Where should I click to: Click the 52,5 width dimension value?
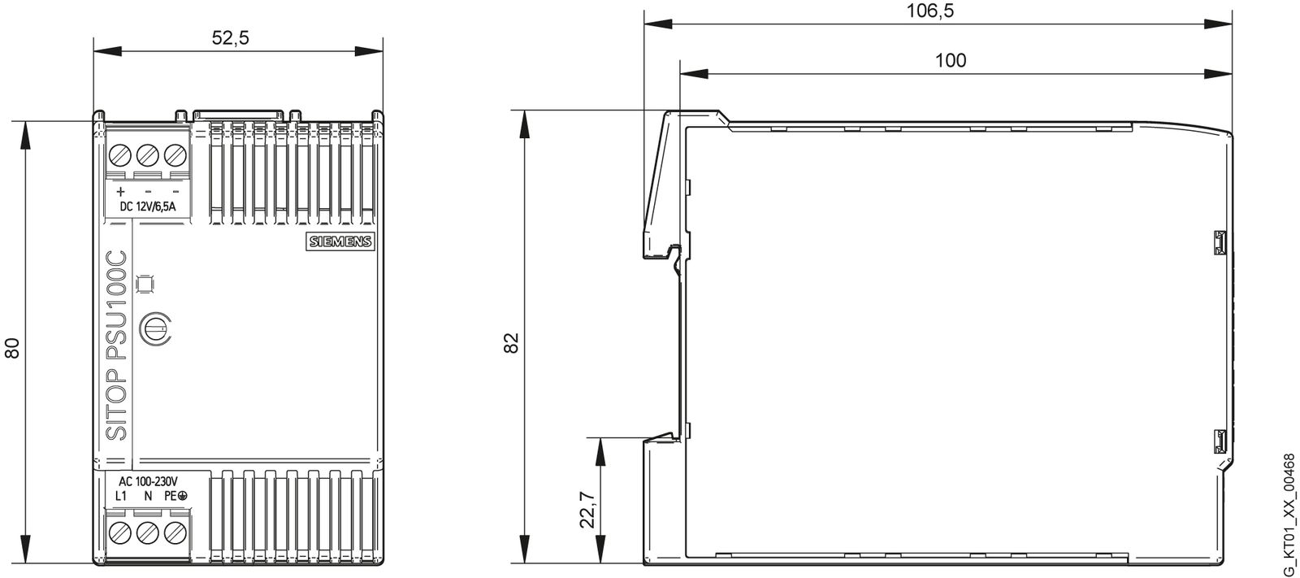pos(230,39)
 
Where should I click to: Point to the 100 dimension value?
pos(951,60)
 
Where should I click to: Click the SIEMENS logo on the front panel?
pos(339,241)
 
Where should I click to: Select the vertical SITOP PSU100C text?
pos(117,346)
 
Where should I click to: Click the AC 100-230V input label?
pos(148,480)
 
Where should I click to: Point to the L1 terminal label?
pos(120,495)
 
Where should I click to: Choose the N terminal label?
pos(148,495)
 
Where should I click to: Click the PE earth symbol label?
pos(175,495)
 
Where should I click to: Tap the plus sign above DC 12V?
pos(120,192)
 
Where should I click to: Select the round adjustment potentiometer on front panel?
pos(154,328)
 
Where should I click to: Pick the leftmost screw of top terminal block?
pos(120,154)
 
